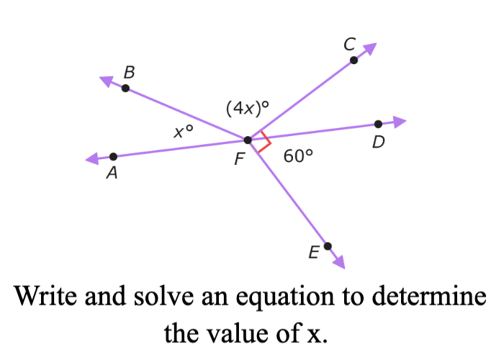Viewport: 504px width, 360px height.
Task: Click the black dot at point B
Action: [x=126, y=88]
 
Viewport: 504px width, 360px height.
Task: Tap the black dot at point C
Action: [x=354, y=60]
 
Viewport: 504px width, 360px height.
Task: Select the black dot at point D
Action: [x=378, y=124]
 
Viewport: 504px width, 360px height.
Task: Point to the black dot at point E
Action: [x=328, y=246]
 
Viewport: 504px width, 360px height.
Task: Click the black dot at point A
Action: [x=114, y=156]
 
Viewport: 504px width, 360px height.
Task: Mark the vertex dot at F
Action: [x=248, y=140]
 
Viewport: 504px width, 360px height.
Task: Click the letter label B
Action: [x=129, y=72]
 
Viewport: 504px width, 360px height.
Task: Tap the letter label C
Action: [x=350, y=44]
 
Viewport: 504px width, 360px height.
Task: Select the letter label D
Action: [x=379, y=142]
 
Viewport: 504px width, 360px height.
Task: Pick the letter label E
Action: [x=314, y=252]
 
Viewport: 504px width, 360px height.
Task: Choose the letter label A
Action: [x=112, y=173]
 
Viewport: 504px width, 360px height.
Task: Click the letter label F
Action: [x=240, y=159]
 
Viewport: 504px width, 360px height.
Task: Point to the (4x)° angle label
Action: [x=248, y=108]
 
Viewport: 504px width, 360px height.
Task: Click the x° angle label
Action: [x=183, y=131]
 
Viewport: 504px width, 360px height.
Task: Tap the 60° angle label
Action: [x=298, y=156]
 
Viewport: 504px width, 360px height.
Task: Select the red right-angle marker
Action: [x=264, y=141]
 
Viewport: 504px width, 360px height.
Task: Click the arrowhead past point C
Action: [x=369, y=48]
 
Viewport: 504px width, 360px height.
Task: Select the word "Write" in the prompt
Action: [x=45, y=296]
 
